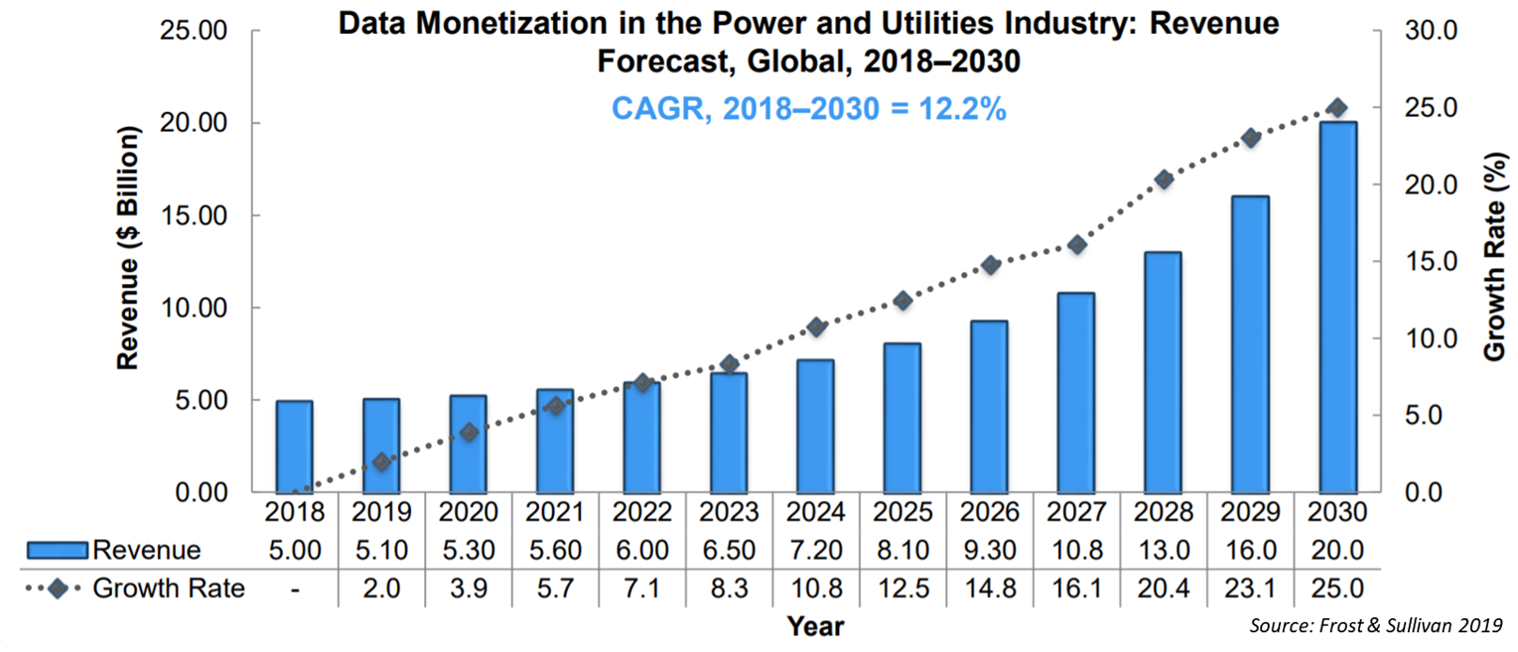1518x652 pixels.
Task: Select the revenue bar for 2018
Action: click(x=294, y=447)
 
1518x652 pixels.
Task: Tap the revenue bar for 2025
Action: click(x=903, y=418)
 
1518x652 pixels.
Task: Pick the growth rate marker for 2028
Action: click(x=1163, y=179)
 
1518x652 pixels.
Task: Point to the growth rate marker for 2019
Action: click(x=381, y=462)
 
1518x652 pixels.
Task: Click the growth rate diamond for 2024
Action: click(x=816, y=326)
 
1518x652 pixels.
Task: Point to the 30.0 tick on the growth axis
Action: click(x=1431, y=31)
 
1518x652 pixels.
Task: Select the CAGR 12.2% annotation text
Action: click(x=808, y=109)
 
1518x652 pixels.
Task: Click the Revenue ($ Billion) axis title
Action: click(x=128, y=248)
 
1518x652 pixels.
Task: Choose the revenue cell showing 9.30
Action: click(x=989, y=550)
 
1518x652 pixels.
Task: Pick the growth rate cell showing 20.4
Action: click(x=1163, y=589)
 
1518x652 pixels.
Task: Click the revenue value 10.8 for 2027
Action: click(x=1076, y=550)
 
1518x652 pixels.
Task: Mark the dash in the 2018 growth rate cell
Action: click(x=294, y=590)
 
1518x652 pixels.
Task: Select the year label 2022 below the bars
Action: click(x=641, y=512)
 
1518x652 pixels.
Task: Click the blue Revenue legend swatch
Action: click(x=56, y=550)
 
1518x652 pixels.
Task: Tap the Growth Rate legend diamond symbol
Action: click(x=56, y=589)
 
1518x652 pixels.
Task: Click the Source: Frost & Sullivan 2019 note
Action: click(x=1375, y=626)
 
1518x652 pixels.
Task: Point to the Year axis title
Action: click(x=815, y=627)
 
